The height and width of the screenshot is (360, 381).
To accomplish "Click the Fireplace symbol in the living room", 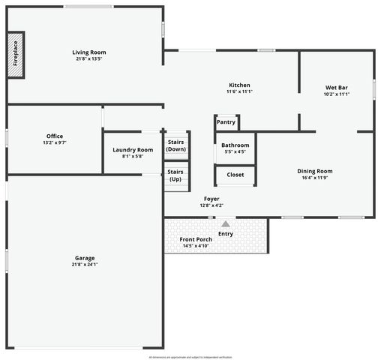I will point(16,55).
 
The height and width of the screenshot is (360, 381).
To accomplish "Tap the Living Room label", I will point(89,52).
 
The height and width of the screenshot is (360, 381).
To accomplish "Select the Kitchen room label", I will point(239,85).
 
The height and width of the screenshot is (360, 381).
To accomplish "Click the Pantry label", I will point(226,122).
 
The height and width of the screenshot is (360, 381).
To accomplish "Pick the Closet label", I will point(235,175).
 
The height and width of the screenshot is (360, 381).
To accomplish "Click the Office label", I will point(55,136).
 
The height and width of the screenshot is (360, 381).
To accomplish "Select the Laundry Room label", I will point(133,150).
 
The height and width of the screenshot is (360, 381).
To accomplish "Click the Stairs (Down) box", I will point(176,145).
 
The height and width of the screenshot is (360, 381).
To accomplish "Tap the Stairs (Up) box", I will point(175,175).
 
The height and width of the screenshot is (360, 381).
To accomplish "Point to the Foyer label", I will point(211,199).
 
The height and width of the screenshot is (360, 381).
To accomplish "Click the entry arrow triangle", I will point(226,223).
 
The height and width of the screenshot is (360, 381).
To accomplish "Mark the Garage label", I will point(84,258).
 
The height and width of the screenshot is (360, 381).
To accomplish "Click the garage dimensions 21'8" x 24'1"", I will point(84,265).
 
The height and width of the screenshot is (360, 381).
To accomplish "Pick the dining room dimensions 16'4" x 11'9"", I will point(315,178).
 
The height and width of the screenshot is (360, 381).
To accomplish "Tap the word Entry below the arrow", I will point(226,233).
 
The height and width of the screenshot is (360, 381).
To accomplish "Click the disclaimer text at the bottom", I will point(190,357).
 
